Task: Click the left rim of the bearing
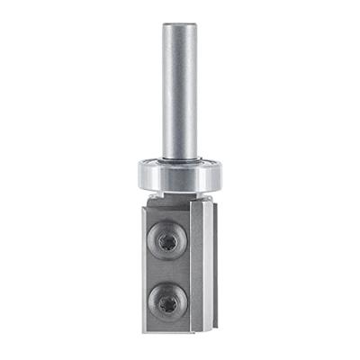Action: pos(139,173)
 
